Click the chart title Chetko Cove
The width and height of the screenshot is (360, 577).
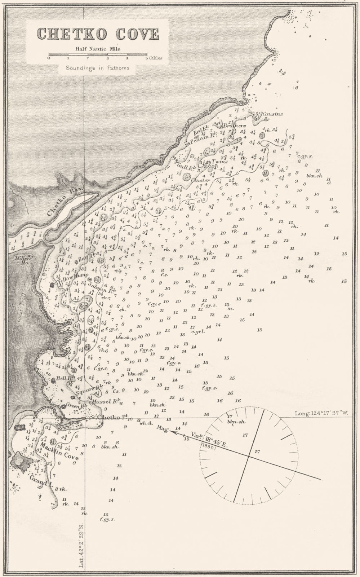98,34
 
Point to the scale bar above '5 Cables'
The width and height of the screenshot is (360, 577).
98,55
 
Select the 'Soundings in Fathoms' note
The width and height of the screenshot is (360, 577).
97,67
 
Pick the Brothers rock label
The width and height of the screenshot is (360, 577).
234,126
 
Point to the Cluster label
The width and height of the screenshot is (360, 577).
200,180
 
